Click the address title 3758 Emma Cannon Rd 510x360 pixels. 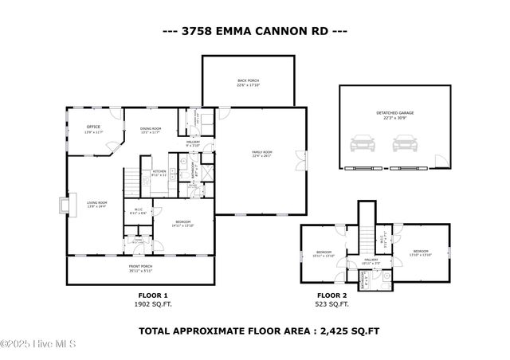point(255,32)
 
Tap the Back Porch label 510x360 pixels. point(248,82)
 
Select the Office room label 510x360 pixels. point(93,128)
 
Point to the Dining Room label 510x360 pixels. point(151,130)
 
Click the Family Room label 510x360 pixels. point(261,154)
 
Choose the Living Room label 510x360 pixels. point(96,204)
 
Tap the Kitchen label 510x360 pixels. point(159,172)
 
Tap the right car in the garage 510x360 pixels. point(406,146)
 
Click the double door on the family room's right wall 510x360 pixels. point(300,160)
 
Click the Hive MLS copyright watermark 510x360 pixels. point(38,343)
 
